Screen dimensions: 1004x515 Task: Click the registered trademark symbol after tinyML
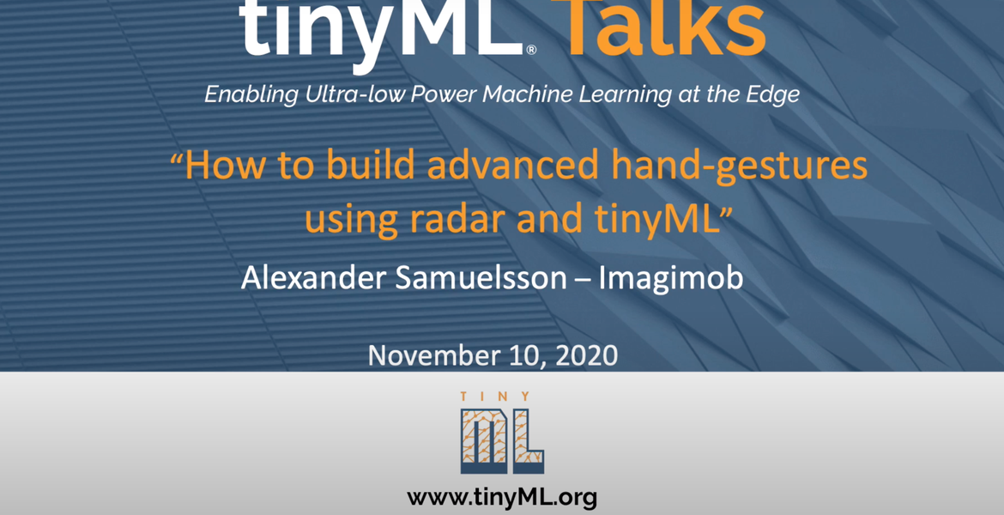(531, 50)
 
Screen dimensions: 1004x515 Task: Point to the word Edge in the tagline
(775, 94)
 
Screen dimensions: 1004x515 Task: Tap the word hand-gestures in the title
(740, 167)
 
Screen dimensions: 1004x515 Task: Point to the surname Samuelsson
(481, 277)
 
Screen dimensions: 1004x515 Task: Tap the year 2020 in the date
(586, 355)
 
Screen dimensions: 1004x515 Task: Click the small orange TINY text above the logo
(496, 397)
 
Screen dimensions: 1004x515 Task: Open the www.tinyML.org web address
(502, 497)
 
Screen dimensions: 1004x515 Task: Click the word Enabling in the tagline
(251, 94)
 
